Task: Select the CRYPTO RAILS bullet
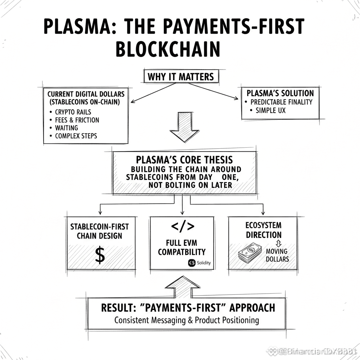tap(73, 112)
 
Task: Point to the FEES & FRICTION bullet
tap(77, 120)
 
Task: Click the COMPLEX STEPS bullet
tap(76, 136)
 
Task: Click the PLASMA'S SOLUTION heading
tap(280, 93)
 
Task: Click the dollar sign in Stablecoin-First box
tap(100, 256)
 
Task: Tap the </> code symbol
tap(182, 227)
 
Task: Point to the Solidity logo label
tap(199, 263)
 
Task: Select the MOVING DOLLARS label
tap(277, 255)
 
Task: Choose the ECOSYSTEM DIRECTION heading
tap(264, 230)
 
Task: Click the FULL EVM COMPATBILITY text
tap(182, 247)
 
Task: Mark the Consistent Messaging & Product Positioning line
tap(187, 320)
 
